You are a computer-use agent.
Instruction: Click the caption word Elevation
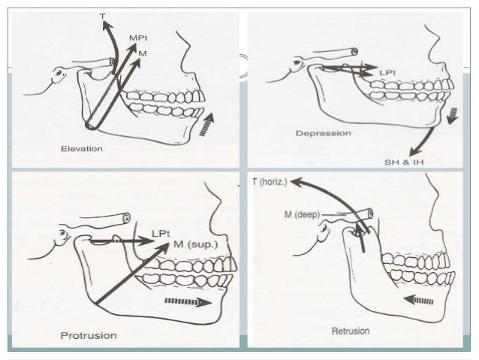83,148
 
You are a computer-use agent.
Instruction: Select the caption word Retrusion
350,331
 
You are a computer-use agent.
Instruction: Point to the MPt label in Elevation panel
138,37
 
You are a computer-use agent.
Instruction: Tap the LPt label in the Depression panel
388,72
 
